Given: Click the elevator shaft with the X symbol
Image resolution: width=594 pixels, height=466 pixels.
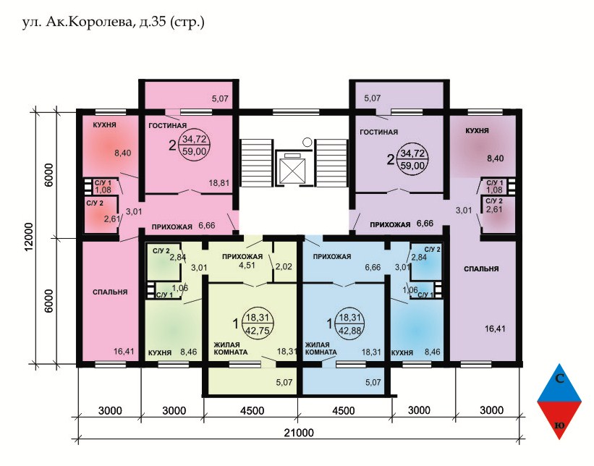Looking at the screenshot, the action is pyautogui.click(x=292, y=171).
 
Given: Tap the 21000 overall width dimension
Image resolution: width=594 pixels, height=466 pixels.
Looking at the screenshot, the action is pyautogui.click(x=299, y=432).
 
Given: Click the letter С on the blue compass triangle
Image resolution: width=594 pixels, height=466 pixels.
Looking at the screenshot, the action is pyautogui.click(x=559, y=378).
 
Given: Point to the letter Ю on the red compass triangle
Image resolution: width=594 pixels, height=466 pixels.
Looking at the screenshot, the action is pyautogui.click(x=559, y=425).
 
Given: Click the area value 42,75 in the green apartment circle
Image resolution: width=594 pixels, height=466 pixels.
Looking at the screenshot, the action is pyautogui.click(x=258, y=331).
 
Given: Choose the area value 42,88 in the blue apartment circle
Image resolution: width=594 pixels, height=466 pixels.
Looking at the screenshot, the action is pyautogui.click(x=350, y=331).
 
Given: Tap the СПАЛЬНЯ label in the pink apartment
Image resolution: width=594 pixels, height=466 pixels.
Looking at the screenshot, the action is pyautogui.click(x=110, y=292).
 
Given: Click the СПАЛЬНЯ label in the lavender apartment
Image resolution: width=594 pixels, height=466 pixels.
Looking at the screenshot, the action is pyautogui.click(x=481, y=269).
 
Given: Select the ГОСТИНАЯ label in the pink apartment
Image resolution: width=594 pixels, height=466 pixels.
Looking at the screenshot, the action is pyautogui.click(x=167, y=125).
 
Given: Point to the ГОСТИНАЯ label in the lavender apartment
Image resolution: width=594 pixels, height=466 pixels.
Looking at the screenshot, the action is pyautogui.click(x=379, y=132).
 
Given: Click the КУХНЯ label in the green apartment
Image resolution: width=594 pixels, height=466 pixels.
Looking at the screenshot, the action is pyautogui.click(x=160, y=352).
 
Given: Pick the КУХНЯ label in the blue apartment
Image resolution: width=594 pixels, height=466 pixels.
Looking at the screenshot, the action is pyautogui.click(x=402, y=352).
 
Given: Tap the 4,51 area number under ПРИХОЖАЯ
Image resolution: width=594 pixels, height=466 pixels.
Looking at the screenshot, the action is pyautogui.click(x=247, y=266).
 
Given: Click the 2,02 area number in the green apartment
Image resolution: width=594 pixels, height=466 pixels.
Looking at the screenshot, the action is pyautogui.click(x=284, y=266).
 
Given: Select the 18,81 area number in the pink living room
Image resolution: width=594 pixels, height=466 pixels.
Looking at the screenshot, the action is pyautogui.click(x=219, y=183).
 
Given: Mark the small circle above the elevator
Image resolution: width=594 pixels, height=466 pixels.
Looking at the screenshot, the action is pyautogui.click(x=307, y=142).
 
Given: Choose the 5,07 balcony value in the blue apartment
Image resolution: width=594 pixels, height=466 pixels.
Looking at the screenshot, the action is pyautogui.click(x=373, y=382).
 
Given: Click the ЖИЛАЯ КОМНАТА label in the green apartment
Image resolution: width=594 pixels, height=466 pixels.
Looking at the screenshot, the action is pyautogui.click(x=231, y=349).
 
